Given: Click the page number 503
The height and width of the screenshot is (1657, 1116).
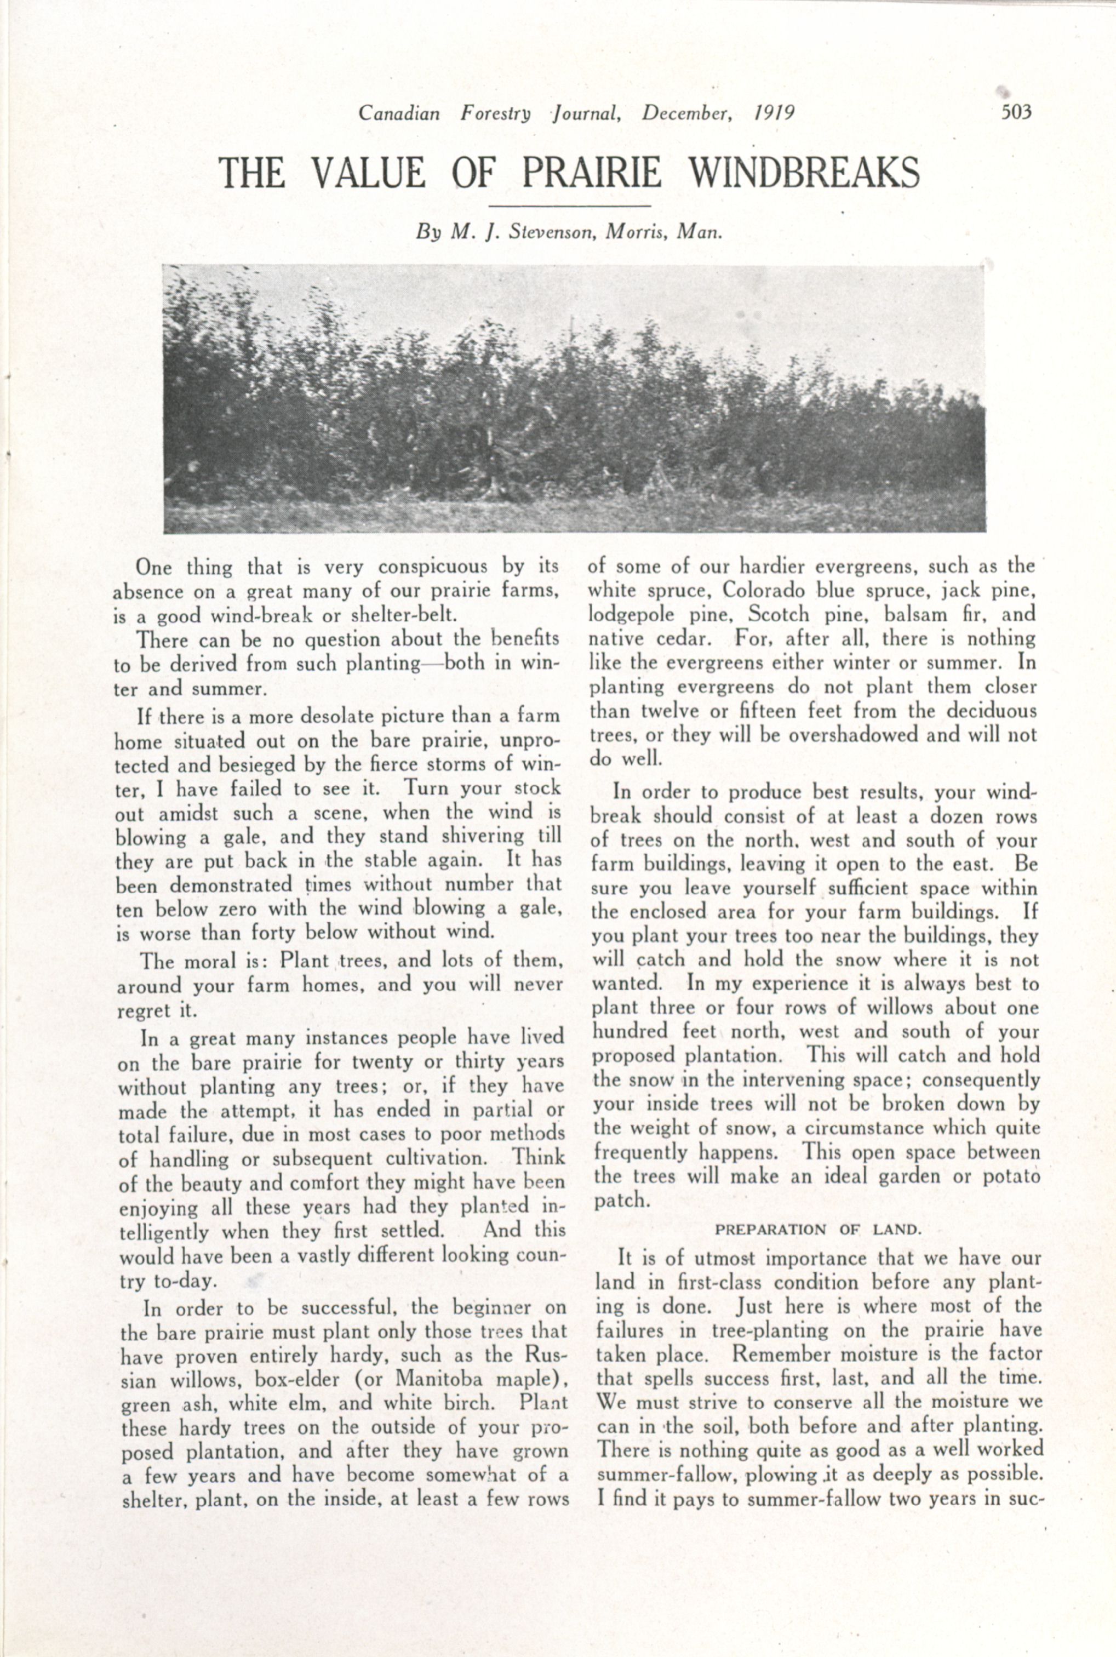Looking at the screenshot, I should pyautogui.click(x=1016, y=113).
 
